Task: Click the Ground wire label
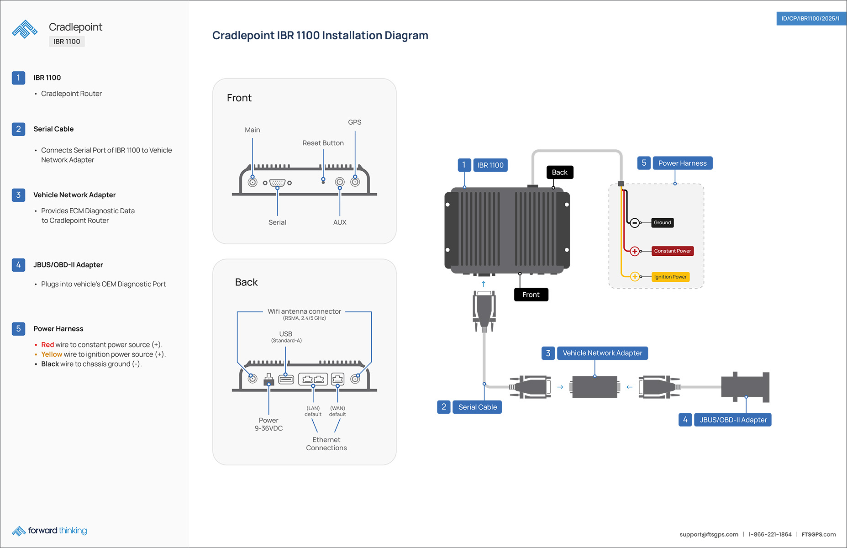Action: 662,223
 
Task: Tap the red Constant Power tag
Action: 672,251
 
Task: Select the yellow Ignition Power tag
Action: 670,277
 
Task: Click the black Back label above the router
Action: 559,173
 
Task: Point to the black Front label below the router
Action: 531,295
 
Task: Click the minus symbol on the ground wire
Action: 635,223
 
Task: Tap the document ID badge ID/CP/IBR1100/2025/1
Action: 810,19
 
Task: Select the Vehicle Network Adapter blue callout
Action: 602,353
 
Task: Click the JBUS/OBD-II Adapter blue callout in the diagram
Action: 733,420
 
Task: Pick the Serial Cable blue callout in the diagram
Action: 477,407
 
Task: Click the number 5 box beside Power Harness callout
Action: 644,163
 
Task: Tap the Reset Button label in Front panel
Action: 323,143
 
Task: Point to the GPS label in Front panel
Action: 354,122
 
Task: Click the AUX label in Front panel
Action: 340,222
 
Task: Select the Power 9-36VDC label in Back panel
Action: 268,424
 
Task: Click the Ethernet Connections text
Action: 326,444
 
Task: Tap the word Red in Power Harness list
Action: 47,345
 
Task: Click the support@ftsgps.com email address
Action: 709,534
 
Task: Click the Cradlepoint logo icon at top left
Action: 25,29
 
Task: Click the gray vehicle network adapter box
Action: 594,387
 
